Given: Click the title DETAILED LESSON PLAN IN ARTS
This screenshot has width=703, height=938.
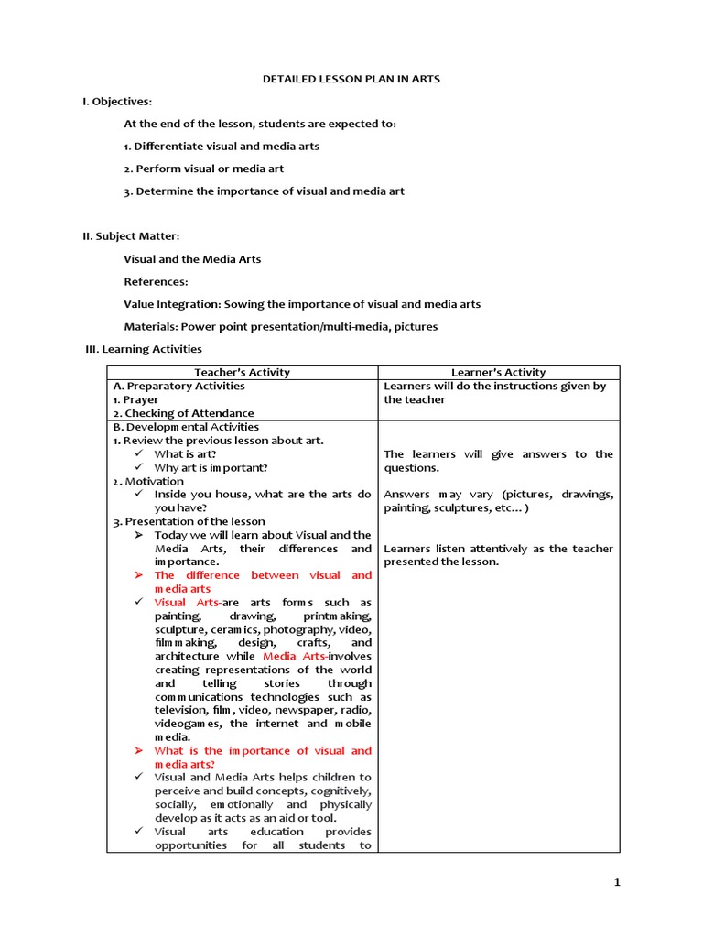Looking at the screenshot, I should coord(351,79).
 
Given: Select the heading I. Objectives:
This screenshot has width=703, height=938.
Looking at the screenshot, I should coord(117,101).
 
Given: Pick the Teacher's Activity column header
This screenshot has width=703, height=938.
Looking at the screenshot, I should coord(242,372).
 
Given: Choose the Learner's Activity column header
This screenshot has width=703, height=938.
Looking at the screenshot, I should coord(499,372).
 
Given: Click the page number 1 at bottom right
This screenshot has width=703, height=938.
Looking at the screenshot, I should coord(617,882).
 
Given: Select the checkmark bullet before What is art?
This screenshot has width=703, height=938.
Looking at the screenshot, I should coord(139,453).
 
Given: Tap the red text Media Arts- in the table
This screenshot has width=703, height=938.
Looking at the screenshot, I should coord(294,656).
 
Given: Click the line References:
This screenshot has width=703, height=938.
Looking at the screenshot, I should coord(156,282).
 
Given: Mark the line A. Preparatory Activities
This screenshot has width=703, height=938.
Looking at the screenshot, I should coord(178,386).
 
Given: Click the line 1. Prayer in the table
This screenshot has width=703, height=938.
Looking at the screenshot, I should coord(135,399).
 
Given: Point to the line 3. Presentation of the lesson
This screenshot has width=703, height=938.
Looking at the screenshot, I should coord(189,521).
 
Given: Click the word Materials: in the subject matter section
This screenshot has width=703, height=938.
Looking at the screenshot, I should coord(151,326).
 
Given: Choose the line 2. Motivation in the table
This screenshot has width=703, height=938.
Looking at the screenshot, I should coord(148,481).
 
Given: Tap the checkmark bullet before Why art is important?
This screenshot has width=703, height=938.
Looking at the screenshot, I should coord(139,467).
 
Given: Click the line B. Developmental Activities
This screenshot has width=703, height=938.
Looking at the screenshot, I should coord(186,427).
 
